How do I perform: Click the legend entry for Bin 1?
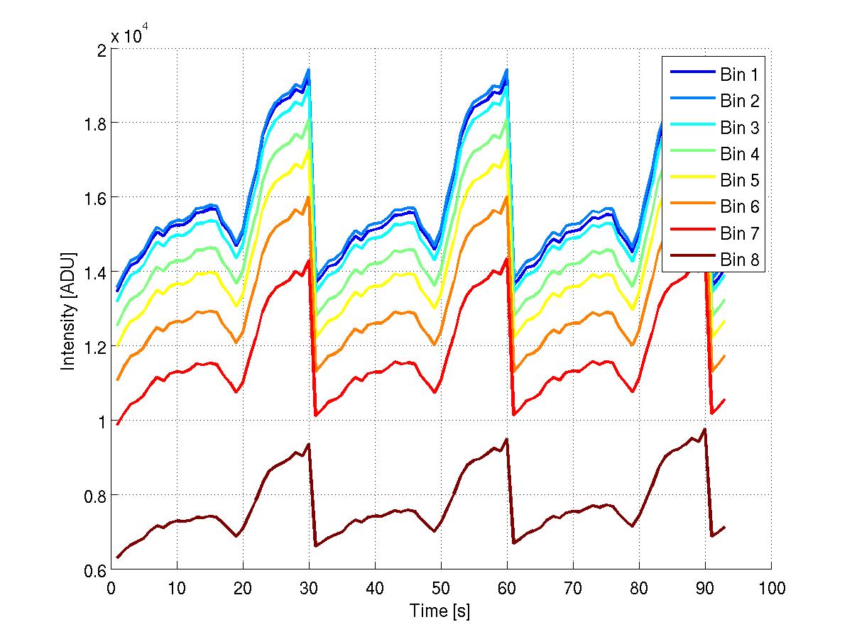tap(739, 74)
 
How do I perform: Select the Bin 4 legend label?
tap(739, 154)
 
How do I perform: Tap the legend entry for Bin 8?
tap(739, 260)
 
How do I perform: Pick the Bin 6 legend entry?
tap(739, 207)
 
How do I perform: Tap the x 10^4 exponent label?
tap(129, 36)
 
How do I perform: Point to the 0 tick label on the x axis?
tap(111, 588)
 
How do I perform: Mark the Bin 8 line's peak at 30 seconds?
tap(309, 444)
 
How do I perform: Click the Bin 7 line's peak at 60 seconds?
tap(506, 258)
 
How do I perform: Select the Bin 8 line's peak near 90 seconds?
tap(704, 429)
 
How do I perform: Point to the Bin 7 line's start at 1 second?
tap(118, 424)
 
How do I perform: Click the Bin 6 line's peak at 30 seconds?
tap(308, 196)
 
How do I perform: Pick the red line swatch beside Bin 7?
tap(689, 234)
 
